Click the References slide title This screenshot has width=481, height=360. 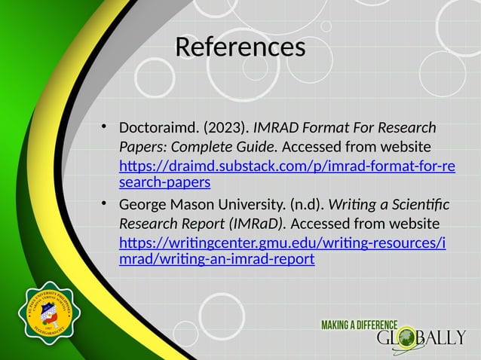(x=240, y=47)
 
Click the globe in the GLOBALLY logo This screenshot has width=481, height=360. (x=408, y=338)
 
